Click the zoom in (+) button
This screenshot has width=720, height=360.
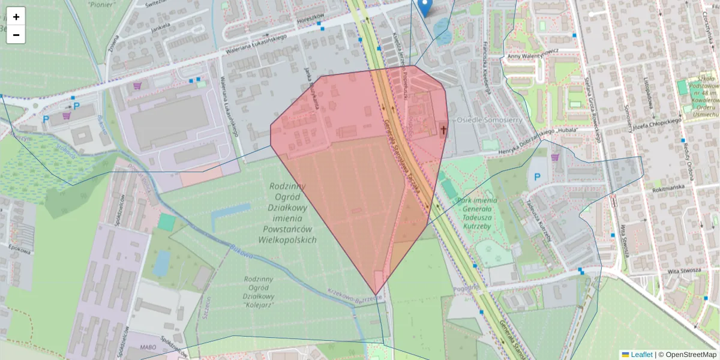click(16, 17)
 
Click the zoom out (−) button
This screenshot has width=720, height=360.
click(16, 35)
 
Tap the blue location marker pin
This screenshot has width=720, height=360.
click(425, 7)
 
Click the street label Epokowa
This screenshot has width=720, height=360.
click(20, 251)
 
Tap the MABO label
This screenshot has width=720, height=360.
click(148, 347)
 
